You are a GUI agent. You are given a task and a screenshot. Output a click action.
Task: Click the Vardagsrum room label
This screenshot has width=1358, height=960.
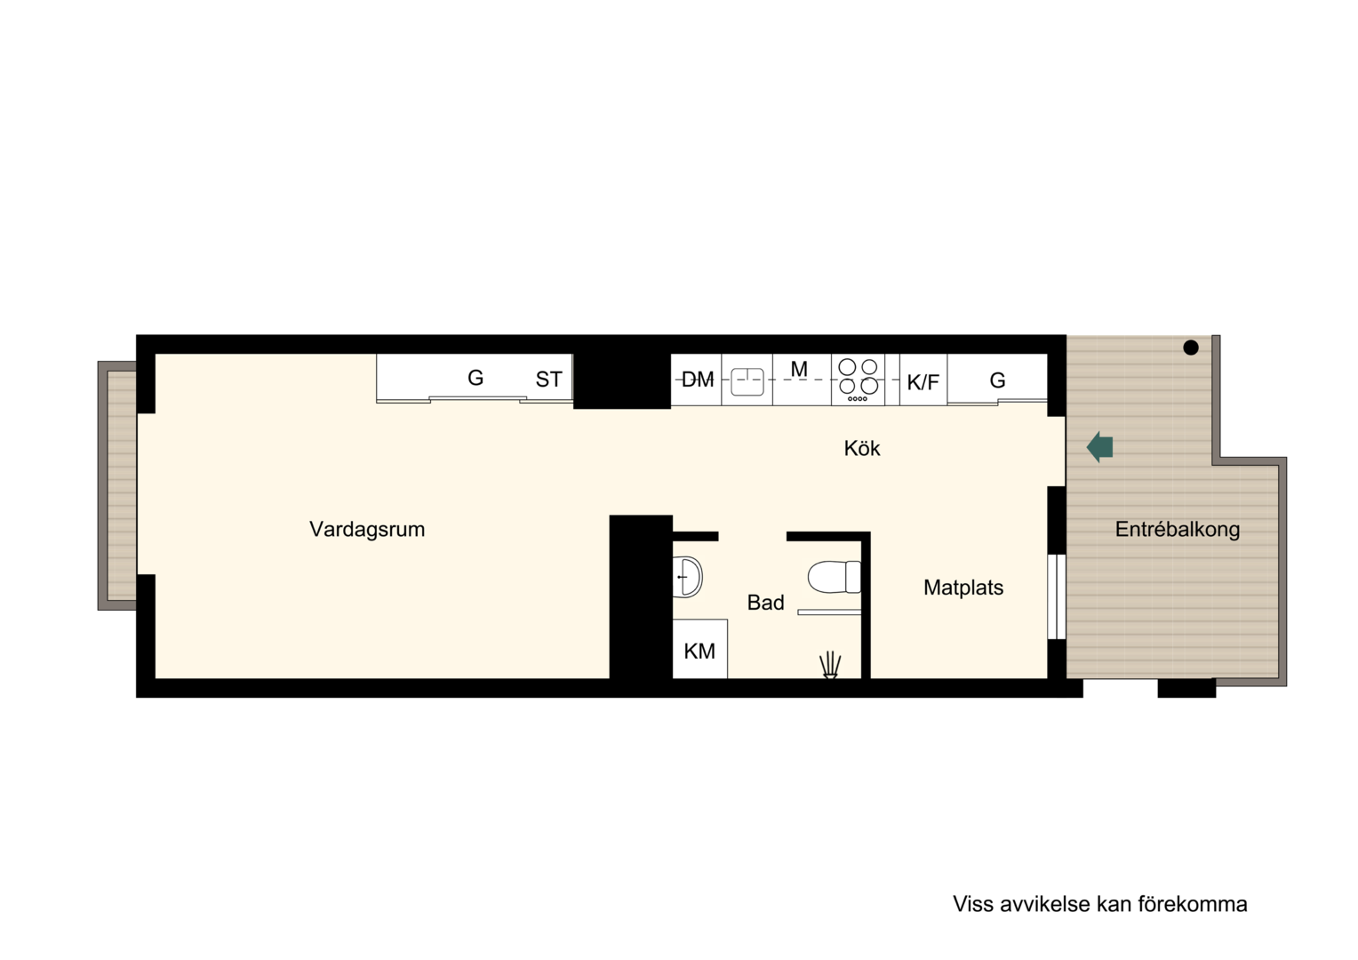367,530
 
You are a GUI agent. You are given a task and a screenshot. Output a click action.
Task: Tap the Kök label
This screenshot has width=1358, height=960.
861,448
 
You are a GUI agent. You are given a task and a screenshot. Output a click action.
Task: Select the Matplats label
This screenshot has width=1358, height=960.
963,587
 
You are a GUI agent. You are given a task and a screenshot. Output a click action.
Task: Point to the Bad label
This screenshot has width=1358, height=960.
766,602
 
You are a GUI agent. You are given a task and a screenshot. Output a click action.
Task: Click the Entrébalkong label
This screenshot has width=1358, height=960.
1178,530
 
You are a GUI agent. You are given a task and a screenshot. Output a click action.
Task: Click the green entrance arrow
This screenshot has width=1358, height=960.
1099,447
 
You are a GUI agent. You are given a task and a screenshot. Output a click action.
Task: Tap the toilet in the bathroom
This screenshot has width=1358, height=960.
835,577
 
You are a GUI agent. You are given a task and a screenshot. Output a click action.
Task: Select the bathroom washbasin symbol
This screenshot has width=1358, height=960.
688,577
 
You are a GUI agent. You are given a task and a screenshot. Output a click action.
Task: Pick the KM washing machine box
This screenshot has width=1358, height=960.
699,648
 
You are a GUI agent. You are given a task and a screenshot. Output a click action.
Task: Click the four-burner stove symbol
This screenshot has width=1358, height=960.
858,380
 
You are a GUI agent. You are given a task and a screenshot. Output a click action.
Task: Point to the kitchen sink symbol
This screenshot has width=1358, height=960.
747,382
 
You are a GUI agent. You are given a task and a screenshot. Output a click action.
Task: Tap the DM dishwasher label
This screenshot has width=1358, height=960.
697,380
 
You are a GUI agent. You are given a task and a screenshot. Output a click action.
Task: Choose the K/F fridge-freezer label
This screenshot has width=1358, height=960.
923,382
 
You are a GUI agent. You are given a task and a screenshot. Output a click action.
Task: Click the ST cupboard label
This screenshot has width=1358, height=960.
548,380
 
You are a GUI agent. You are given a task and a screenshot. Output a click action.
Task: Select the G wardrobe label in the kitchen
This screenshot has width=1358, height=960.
997,380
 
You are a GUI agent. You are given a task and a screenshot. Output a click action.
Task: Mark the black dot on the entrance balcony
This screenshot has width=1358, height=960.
1191,348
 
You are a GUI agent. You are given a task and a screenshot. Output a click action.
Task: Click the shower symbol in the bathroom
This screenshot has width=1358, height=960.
830,665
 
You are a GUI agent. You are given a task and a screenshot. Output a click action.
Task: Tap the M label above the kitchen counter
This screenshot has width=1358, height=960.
799,369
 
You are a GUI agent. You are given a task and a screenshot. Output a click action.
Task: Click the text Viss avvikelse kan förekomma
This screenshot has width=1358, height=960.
1099,904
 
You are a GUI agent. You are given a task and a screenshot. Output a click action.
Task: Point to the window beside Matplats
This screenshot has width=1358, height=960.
1057,596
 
